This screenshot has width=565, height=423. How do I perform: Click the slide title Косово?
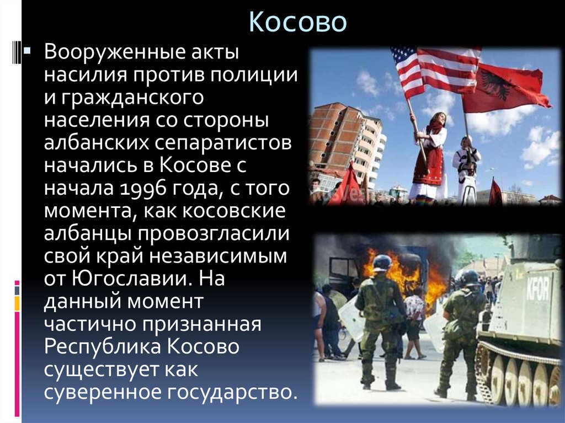coord(297,22)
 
